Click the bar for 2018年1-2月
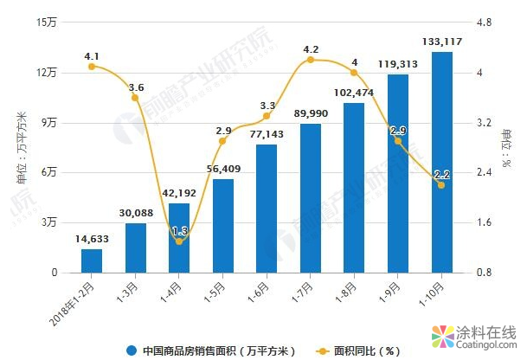(92, 260)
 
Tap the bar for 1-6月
(267, 209)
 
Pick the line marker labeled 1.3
(179, 241)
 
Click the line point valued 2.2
(441, 185)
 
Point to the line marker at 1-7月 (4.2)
(311, 60)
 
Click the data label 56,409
(223, 169)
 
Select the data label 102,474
(354, 93)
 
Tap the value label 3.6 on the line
(136, 87)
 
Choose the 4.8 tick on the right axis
(485, 22)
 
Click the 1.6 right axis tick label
(485, 222)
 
